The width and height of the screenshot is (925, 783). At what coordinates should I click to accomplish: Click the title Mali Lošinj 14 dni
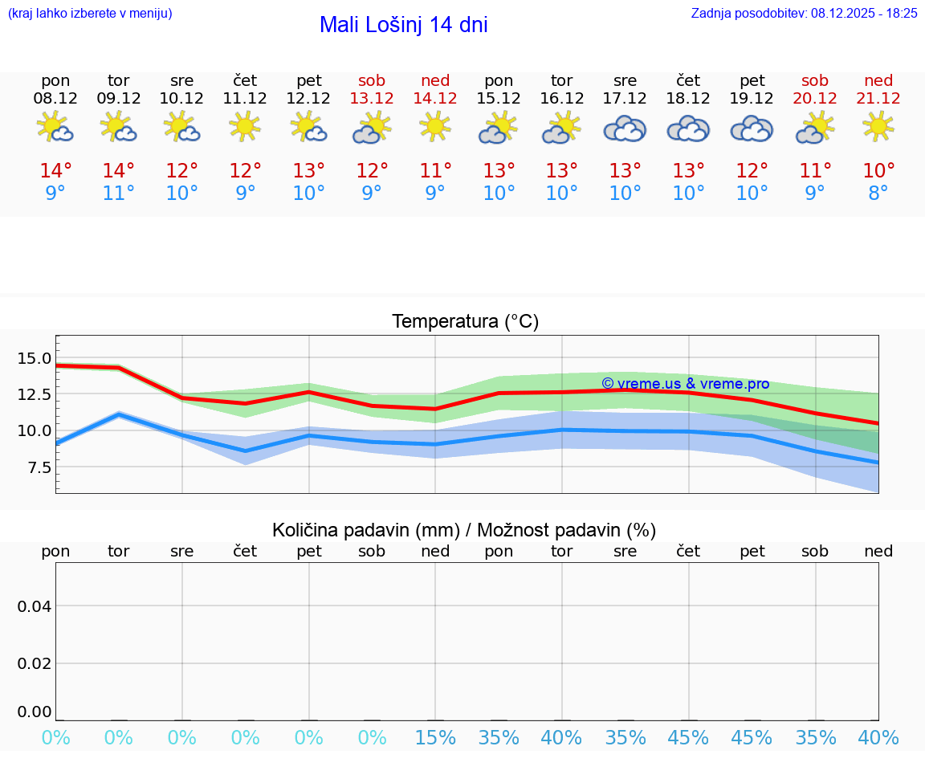(x=403, y=25)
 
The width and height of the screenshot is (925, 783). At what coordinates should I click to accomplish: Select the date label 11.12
(x=245, y=98)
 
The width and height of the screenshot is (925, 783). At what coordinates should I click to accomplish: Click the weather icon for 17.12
(x=625, y=128)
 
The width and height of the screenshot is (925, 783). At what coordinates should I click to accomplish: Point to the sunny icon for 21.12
(x=878, y=126)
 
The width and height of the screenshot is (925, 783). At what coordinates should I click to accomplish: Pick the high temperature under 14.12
(x=435, y=170)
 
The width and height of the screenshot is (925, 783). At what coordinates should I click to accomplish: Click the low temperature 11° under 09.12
(x=118, y=193)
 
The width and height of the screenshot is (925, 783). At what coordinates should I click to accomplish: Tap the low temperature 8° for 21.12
(x=878, y=193)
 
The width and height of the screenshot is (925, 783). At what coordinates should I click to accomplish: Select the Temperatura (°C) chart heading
(x=465, y=321)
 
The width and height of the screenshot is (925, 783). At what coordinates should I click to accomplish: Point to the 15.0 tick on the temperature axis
(x=35, y=358)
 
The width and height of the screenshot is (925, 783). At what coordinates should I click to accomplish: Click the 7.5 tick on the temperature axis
(x=38, y=467)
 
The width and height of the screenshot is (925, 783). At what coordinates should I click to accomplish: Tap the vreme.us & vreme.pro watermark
(x=685, y=384)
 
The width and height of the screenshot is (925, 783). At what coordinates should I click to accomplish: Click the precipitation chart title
(x=464, y=529)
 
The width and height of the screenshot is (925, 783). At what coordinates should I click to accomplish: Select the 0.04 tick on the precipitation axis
(x=35, y=606)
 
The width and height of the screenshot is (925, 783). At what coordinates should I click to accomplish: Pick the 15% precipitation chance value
(x=435, y=737)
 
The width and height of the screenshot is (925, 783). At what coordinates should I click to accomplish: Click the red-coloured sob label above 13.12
(x=372, y=80)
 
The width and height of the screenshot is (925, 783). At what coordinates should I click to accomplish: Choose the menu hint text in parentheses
(x=89, y=13)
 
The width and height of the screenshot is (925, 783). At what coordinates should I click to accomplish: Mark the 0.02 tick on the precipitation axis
(x=35, y=663)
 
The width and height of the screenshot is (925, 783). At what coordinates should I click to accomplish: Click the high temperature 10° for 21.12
(x=878, y=170)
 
